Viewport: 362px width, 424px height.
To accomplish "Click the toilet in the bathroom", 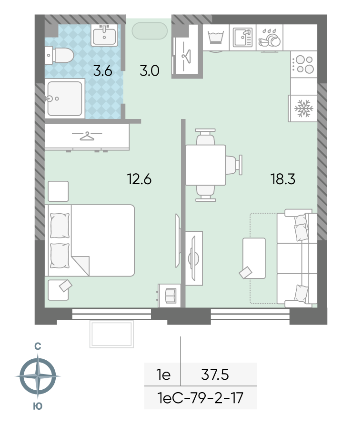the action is coord(60,55).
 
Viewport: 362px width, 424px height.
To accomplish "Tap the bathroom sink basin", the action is coord(104,35).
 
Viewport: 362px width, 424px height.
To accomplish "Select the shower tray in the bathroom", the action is coord(65,99).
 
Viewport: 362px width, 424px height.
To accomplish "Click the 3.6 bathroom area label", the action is coord(102,71).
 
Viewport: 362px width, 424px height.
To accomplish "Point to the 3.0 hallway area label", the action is coord(150,71).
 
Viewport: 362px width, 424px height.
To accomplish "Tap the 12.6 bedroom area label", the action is coord(139,179).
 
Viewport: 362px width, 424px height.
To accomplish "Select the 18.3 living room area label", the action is coord(282,179).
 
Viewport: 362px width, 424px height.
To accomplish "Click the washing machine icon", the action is coord(216,38).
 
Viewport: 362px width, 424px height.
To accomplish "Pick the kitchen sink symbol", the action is coord(242,38).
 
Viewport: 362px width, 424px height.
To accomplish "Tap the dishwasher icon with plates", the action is coord(270,38).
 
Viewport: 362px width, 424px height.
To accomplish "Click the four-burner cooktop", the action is coord(304,64).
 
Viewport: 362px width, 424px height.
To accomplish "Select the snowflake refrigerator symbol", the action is coord(303,108).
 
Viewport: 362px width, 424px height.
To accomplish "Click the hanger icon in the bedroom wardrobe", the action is coord(87,136).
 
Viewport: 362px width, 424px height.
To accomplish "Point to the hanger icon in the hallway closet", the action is coord(186,56).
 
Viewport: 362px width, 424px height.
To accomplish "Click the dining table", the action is coord(205,165).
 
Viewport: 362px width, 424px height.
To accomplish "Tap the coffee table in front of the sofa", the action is coord(254,258).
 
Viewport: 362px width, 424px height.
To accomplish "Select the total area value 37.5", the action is coord(215,375).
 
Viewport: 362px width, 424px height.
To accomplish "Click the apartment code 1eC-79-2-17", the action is coord(200,398).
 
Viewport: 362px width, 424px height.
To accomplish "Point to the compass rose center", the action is coord(38,376).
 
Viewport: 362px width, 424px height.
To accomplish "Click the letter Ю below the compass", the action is coord(38,406).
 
